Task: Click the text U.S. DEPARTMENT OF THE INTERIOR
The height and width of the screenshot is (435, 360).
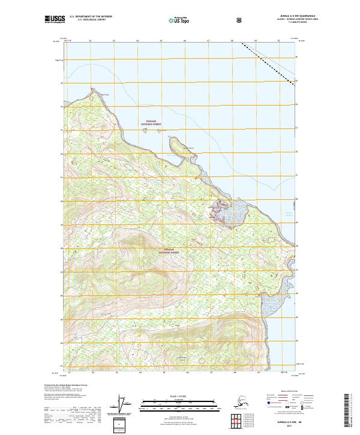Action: coord(91,17)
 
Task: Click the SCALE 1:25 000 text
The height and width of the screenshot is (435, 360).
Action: coord(179,397)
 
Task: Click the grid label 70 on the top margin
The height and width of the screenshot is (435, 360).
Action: coord(278,41)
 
